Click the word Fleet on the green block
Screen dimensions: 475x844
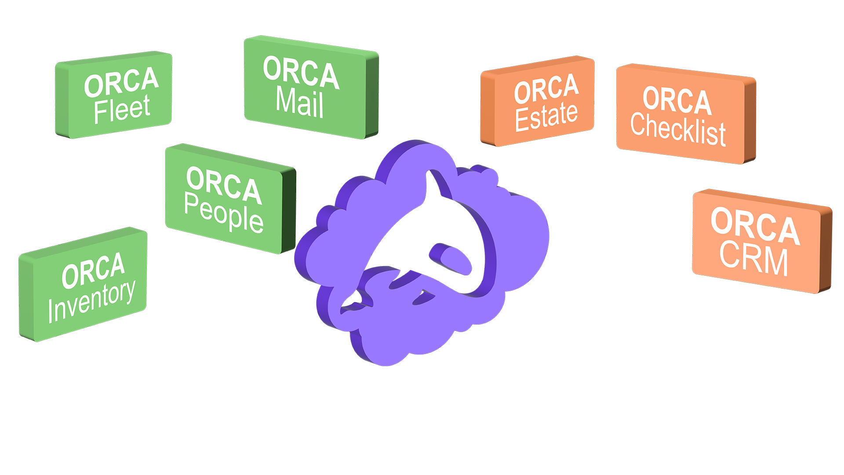122,109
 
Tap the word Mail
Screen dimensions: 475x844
300,103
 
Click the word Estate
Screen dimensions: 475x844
546,116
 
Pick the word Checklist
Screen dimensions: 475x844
678,128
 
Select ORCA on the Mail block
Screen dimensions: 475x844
301,73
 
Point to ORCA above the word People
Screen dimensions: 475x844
224,185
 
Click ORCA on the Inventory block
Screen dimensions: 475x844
93,270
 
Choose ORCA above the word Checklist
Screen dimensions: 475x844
677,100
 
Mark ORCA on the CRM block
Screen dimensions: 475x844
755,226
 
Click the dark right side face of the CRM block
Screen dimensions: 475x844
826,251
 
